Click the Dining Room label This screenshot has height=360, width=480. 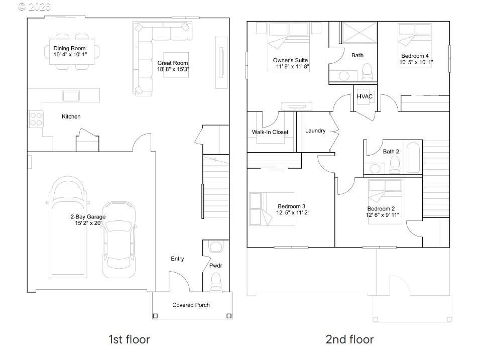tap(69, 48)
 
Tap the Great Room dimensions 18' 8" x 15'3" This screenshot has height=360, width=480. tap(173, 69)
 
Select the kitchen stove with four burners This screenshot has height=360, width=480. tap(36, 119)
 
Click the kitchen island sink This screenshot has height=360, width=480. tap(71, 95)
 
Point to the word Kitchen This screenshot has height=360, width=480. tap(71, 116)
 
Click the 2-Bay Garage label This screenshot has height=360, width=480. tap(88, 217)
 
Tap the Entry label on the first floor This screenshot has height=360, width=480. tap(177, 259)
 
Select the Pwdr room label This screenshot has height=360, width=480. tap(216, 266)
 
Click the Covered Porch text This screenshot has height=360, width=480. tap(191, 305)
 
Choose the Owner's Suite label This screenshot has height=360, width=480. tap(290, 60)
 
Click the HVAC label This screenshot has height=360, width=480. tap(365, 96)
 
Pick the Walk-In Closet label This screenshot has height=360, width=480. tap(270, 132)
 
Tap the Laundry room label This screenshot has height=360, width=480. tap(315, 131)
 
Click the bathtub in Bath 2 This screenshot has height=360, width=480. tap(413, 157)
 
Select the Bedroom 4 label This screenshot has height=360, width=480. tap(415, 56)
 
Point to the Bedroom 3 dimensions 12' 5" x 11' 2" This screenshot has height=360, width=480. tap(293, 212)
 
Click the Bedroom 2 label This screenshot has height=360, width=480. tap(381, 209)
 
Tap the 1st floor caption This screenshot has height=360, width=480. tap(129, 339)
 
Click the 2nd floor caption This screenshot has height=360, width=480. tap(349, 339)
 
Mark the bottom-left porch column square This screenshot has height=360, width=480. tap(155, 316)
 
